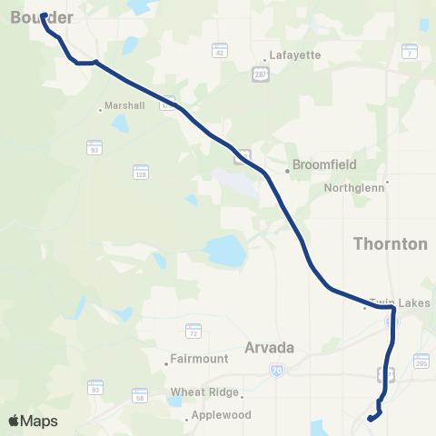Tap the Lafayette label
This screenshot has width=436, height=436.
(296, 55)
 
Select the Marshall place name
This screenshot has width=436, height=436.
(124, 105)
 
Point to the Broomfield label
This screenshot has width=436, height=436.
(322, 165)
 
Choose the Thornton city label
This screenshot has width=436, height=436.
(390, 244)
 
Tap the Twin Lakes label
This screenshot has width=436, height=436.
(400, 302)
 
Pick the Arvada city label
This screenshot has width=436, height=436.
(271, 346)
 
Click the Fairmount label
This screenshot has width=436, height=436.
(203, 359)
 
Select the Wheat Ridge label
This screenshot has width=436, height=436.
(204, 393)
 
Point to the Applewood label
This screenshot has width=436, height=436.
(218, 417)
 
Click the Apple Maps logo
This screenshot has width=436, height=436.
(33, 421)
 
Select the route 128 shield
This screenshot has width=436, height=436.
(140, 170)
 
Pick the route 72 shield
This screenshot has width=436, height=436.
(193, 331)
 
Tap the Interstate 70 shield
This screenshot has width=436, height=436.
(277, 370)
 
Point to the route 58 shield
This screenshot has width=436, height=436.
(140, 396)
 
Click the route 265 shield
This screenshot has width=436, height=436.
(421, 364)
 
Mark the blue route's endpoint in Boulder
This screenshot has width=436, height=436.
(44, 15)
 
